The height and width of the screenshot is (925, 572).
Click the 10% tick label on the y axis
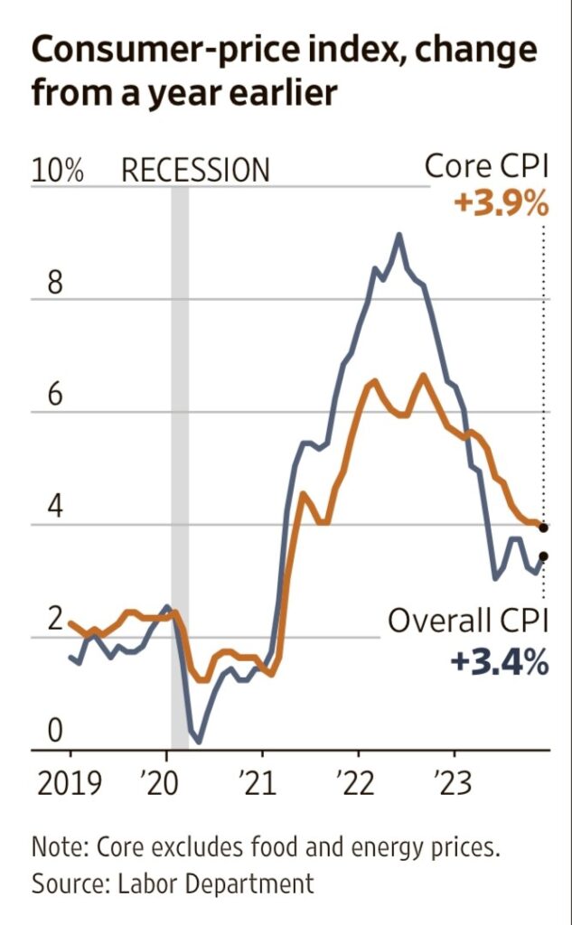58,170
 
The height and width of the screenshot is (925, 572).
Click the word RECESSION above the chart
195,170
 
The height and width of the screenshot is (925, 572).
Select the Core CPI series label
486,167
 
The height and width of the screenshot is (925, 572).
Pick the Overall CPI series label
468,621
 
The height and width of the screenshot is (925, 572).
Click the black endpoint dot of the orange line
543,527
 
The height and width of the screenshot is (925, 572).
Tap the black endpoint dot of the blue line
543,556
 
